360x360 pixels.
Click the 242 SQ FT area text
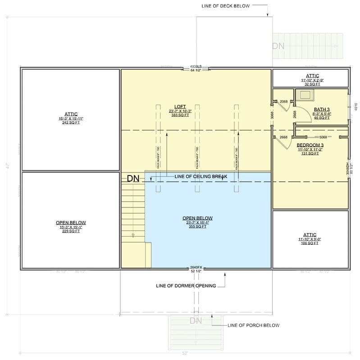tap(71, 122)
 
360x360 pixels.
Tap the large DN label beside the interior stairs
tap(133, 179)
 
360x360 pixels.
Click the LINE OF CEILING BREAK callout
tap(200, 177)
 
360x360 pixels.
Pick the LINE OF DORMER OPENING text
tap(185, 285)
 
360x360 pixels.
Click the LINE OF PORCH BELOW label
tap(253, 325)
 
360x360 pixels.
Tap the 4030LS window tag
tap(196, 66)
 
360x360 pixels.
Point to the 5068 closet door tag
tap(324, 136)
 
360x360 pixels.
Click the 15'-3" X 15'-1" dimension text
tap(71, 227)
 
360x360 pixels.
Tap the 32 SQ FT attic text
tap(310, 84)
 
